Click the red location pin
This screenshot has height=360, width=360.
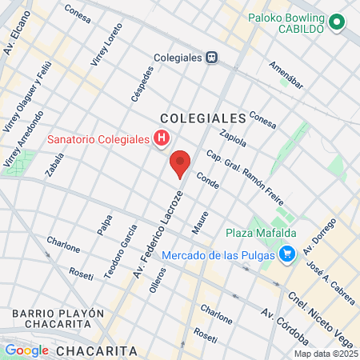click(180, 162)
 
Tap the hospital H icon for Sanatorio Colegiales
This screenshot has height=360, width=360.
click(162, 139)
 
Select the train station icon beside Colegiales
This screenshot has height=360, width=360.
click(212, 57)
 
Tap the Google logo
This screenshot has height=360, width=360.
click(26, 350)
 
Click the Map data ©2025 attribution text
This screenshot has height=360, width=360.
click(325, 354)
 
